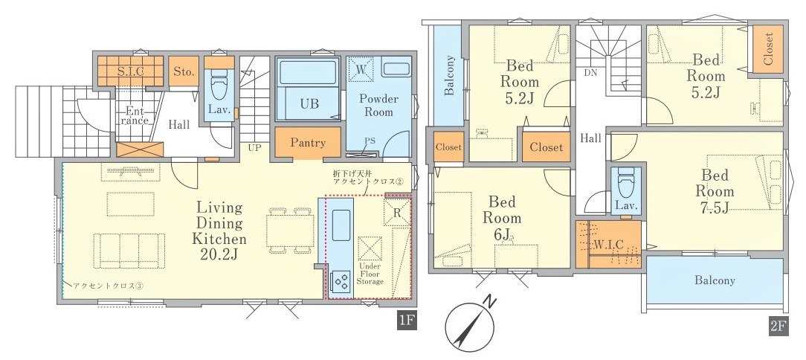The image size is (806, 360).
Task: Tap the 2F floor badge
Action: click(x=778, y=327)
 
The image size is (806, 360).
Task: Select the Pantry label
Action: click(x=308, y=143)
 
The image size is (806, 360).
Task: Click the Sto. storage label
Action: click(x=184, y=71)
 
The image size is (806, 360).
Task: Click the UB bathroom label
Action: click(x=309, y=103)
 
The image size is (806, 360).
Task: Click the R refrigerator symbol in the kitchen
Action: click(x=397, y=213)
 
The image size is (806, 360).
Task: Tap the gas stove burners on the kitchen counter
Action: click(x=341, y=281)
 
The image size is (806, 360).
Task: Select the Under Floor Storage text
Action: click(x=370, y=274)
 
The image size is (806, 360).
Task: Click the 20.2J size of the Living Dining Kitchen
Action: click(x=220, y=254)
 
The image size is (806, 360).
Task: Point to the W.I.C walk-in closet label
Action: click(x=609, y=245)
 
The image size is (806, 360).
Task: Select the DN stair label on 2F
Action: click(x=590, y=73)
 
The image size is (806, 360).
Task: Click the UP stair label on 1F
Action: click(x=255, y=147)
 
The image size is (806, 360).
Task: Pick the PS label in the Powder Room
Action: click(x=370, y=140)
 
